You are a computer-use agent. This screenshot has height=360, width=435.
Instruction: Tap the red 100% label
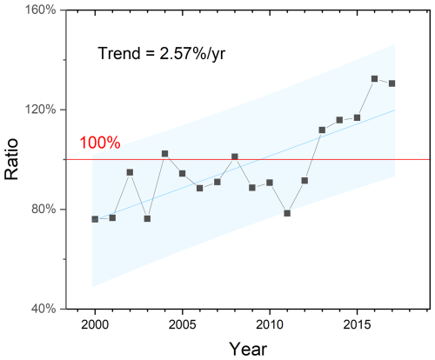pyautogui.click(x=100, y=143)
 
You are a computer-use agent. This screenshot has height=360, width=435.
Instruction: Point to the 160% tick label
pyautogui.click(x=40, y=10)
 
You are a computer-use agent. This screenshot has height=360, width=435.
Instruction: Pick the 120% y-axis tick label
pyautogui.click(x=40, y=110)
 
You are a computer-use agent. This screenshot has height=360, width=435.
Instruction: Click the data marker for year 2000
pyautogui.click(x=95, y=219)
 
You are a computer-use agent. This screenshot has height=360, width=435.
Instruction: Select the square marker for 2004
pyautogui.click(x=164, y=153)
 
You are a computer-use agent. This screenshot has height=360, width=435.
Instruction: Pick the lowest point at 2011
pyautogui.click(x=287, y=213)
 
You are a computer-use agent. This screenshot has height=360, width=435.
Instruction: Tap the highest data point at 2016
pyautogui.click(x=374, y=78)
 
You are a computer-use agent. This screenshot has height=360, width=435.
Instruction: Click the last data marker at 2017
pyautogui.click(x=391, y=83)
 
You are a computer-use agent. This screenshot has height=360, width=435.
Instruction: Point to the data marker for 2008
pyautogui.click(x=235, y=157)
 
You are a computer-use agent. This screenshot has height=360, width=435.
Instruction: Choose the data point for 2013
pyautogui.click(x=322, y=130)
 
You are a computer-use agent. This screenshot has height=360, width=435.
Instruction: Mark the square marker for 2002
pyautogui.click(x=130, y=172)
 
